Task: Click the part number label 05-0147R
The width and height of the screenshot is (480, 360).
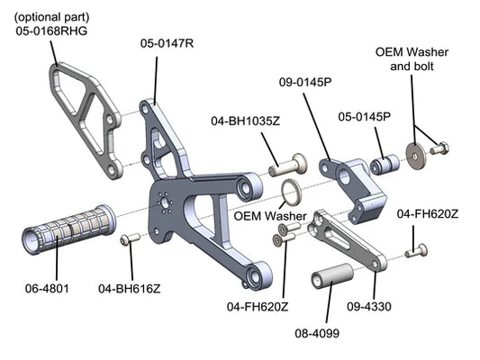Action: pos(167,43)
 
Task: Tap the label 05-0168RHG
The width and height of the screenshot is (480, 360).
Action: pos(51,31)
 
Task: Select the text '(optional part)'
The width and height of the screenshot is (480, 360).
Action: pos(51,17)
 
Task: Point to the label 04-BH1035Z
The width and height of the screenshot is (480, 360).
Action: pos(246,121)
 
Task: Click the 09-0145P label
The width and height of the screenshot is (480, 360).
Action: pos(305,82)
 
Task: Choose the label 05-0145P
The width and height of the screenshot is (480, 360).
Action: pos(365,116)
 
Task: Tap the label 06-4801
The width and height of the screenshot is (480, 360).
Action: pos(47,288)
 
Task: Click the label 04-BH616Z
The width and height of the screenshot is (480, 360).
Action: pos(130,289)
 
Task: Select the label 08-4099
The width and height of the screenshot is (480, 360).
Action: pos(317,333)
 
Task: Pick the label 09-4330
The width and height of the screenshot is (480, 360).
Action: pos(369,307)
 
